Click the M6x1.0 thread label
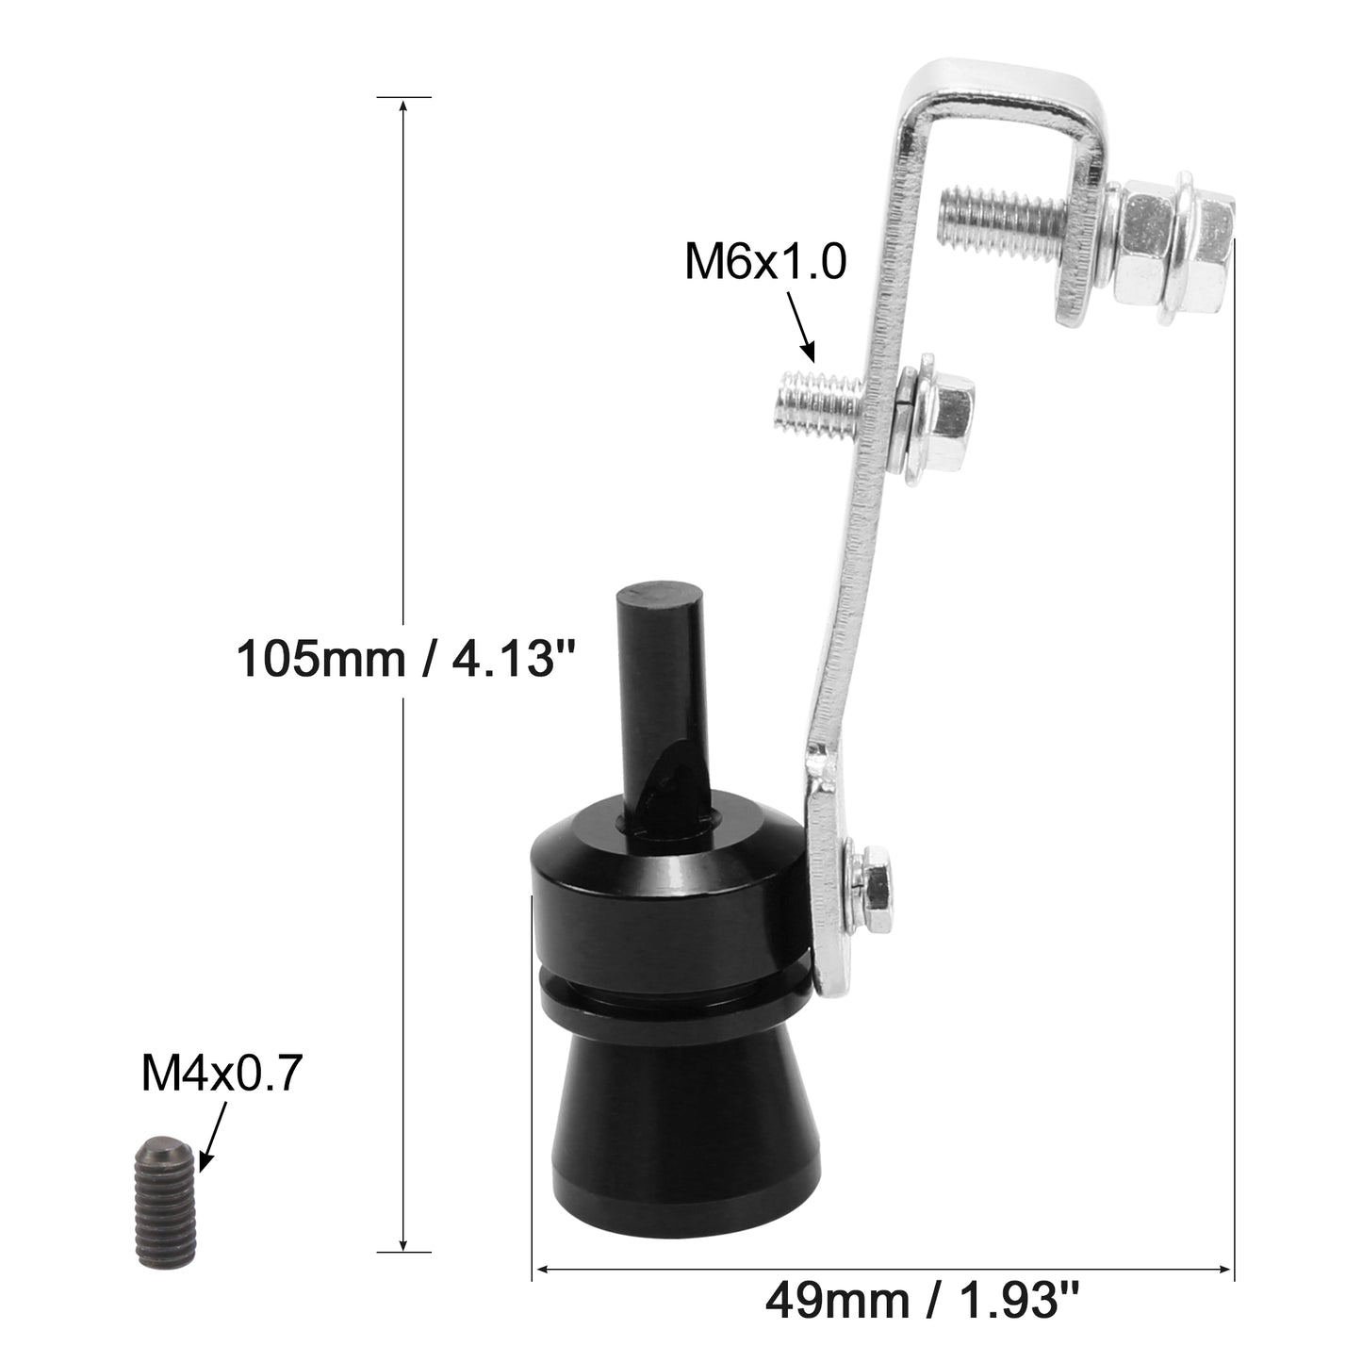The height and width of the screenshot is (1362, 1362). (x=764, y=261)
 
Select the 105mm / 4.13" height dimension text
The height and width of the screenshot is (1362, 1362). (x=406, y=658)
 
